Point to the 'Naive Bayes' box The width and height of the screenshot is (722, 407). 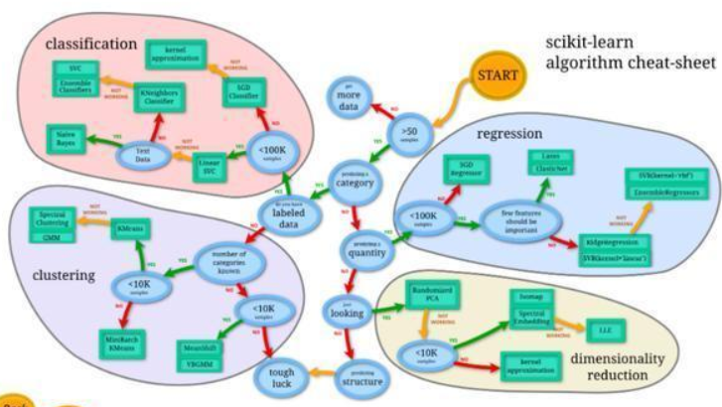tap(69, 140)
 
